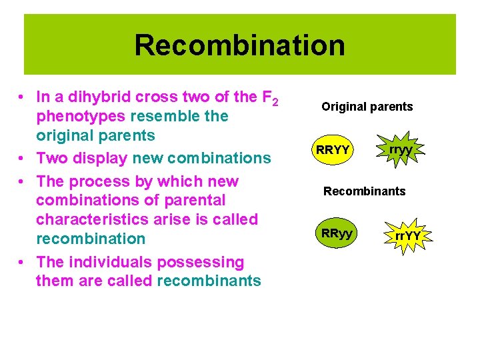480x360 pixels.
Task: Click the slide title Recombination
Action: click(239, 45)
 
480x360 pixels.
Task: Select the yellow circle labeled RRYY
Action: click(333, 150)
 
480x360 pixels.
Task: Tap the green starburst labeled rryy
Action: click(401, 150)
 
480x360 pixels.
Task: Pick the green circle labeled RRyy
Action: click(337, 233)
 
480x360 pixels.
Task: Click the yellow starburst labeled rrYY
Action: click(407, 235)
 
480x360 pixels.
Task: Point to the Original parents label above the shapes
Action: click(367, 107)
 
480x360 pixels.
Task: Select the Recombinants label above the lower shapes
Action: click(364, 191)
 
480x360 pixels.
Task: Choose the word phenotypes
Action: click(80, 116)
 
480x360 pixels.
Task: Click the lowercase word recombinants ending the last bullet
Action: click(209, 281)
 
